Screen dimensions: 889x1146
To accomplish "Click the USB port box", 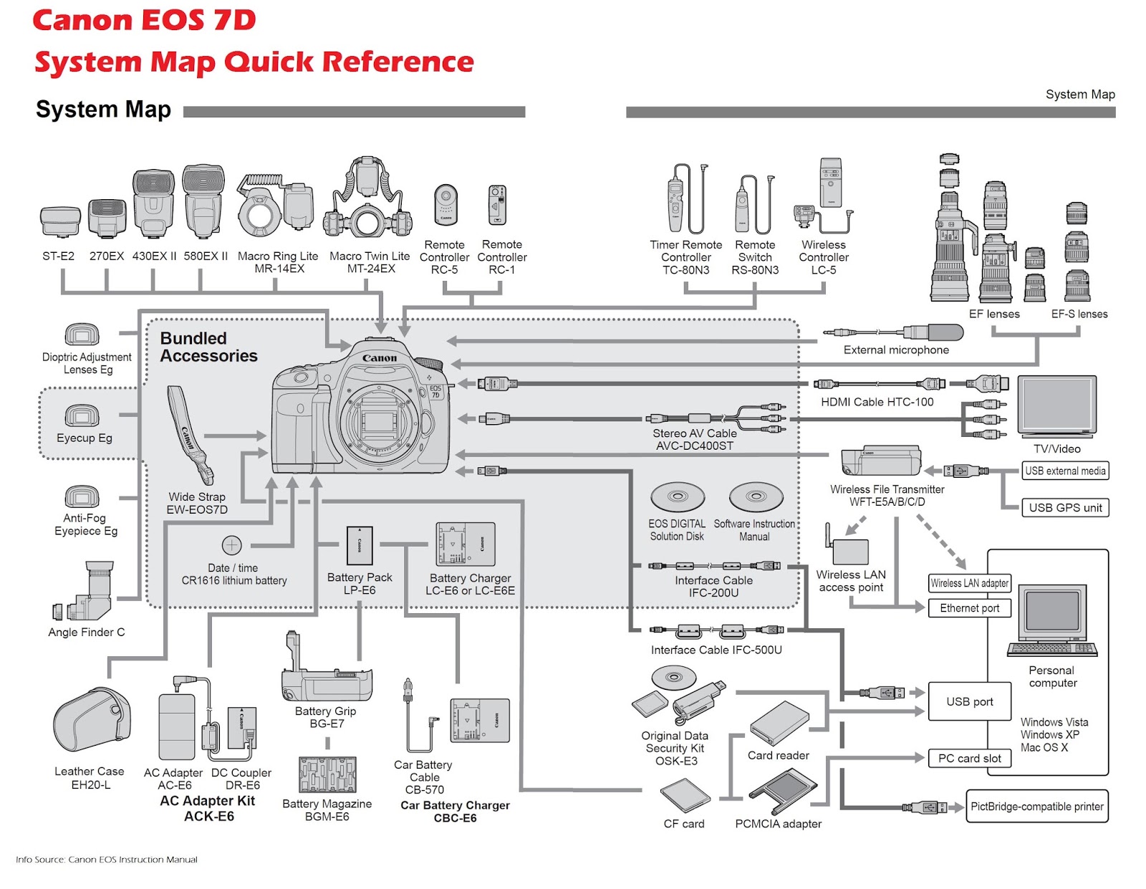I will (969, 701).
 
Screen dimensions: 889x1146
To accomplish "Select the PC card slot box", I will (969, 758).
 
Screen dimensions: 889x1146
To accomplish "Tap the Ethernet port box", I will (969, 608).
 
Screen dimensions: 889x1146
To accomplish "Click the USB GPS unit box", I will (1064, 507).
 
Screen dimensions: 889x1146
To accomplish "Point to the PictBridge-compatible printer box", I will (1036, 806).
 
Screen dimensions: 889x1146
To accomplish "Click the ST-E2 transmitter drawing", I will (60, 221).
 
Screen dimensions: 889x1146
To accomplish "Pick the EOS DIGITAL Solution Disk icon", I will (677, 496).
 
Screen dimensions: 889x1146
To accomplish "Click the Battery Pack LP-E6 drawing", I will (360, 546).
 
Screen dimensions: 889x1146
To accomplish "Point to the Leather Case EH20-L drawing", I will (91, 724).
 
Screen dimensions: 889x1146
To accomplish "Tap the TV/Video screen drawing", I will (1056, 406).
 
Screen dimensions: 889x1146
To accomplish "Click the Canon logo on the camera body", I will (379, 357).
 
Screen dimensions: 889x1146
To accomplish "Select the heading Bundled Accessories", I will (208, 347).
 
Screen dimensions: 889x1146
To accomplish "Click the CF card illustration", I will (685, 794).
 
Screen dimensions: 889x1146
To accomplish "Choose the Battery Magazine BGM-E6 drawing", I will (327, 774).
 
